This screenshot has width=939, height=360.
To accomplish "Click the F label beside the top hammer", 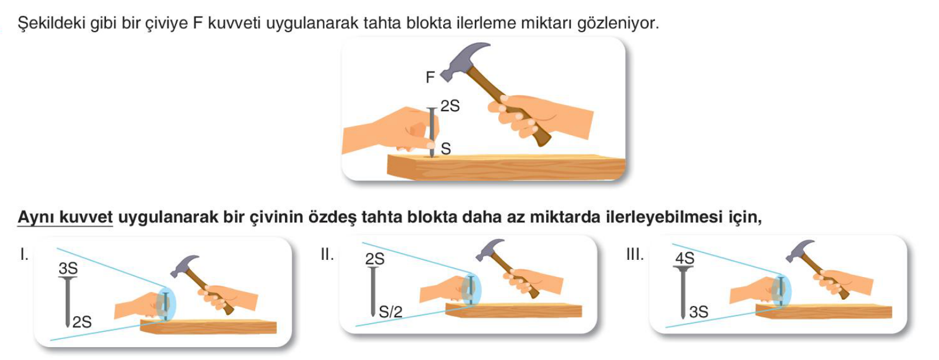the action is [430, 77].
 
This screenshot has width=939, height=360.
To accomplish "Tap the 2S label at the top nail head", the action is [450, 106].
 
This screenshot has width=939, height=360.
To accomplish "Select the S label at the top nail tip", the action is [445, 149].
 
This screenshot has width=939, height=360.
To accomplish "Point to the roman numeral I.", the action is [25, 254].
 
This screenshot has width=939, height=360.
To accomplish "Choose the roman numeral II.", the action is [327, 254].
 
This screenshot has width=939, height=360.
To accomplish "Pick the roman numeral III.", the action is [635, 254].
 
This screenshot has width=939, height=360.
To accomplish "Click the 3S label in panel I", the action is [68, 268].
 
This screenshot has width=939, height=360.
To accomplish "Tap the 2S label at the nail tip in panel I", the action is [82, 323].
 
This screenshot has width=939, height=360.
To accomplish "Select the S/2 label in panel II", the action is [390, 312].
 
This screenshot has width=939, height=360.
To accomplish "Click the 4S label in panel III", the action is [684, 258].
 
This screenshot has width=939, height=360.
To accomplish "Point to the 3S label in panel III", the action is [699, 312].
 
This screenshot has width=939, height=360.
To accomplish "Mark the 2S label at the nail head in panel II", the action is [375, 259].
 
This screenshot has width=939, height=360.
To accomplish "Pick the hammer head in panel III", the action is [800, 251].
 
